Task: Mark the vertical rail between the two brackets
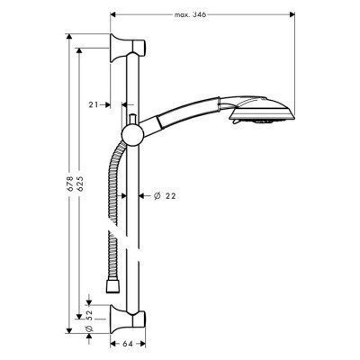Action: click(x=135, y=225)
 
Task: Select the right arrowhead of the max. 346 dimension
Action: click(x=295, y=14)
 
